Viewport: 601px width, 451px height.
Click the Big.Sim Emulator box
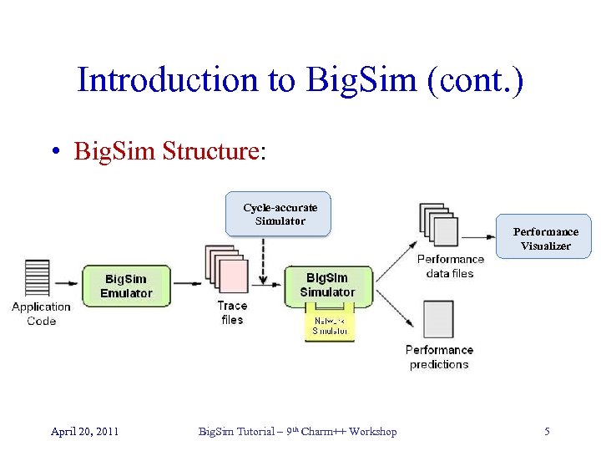click(126, 286)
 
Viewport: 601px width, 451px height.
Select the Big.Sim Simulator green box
click(327, 286)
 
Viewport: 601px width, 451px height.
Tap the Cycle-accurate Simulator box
click(280, 214)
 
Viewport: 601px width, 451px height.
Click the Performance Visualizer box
click(545, 238)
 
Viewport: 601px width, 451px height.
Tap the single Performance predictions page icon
click(439, 321)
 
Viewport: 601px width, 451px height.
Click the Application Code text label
click(41, 314)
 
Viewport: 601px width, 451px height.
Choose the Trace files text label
click(232, 312)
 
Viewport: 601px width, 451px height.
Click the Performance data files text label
click(450, 266)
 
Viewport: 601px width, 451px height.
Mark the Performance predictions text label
click(439, 357)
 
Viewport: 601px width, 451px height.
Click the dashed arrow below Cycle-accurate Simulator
click(263, 253)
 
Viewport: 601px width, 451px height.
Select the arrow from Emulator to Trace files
click(187, 285)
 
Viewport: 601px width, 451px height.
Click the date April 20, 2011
click(84, 431)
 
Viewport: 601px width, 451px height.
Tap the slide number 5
click(547, 431)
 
